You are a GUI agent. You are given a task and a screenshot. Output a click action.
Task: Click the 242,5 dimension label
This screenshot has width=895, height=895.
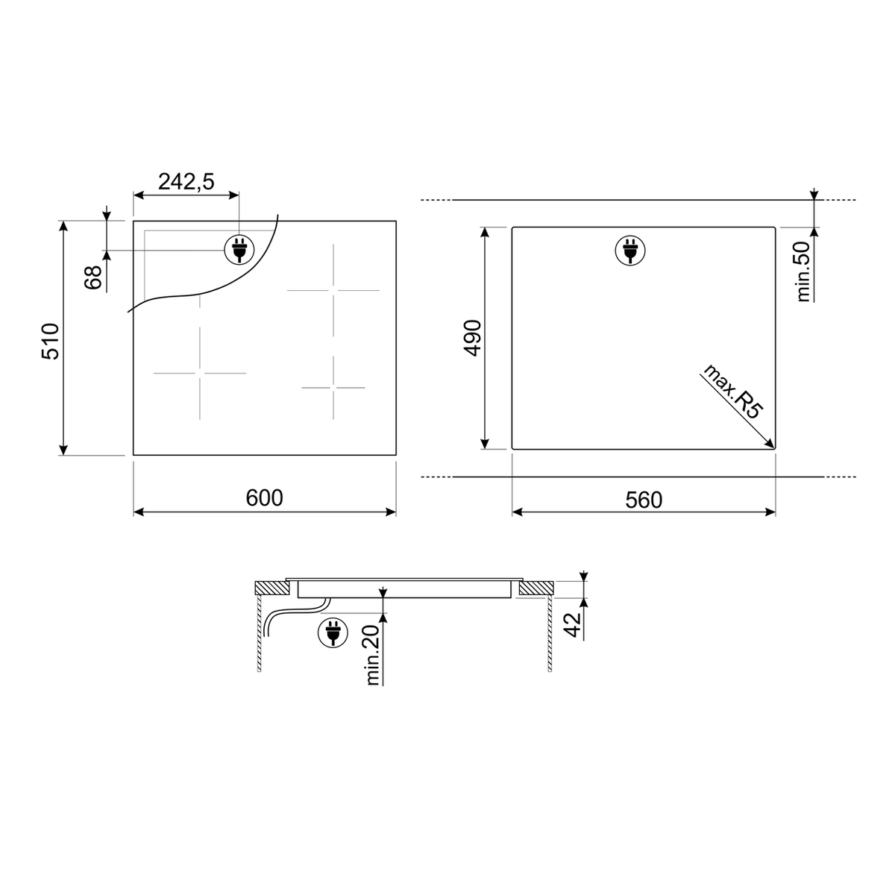pos(186,181)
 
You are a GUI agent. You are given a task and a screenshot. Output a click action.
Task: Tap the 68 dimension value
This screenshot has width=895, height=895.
pos(93,277)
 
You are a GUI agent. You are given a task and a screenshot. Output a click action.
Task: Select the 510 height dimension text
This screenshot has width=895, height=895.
pos(51,342)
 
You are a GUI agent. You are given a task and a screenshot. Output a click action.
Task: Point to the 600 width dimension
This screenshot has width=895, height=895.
pos(264,498)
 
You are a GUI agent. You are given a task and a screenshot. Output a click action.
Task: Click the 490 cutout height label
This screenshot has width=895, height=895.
pos(474,338)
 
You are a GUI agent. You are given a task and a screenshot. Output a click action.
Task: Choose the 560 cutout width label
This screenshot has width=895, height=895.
pos(644,500)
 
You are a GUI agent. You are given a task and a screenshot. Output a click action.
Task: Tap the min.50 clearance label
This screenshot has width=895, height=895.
pos(803,271)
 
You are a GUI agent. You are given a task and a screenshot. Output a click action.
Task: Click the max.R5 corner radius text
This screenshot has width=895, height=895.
pos(733,392)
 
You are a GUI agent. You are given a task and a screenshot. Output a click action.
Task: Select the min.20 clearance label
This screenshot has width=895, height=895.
pos(373,655)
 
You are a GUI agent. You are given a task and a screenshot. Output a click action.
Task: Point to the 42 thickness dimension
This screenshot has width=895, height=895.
pos(573,625)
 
